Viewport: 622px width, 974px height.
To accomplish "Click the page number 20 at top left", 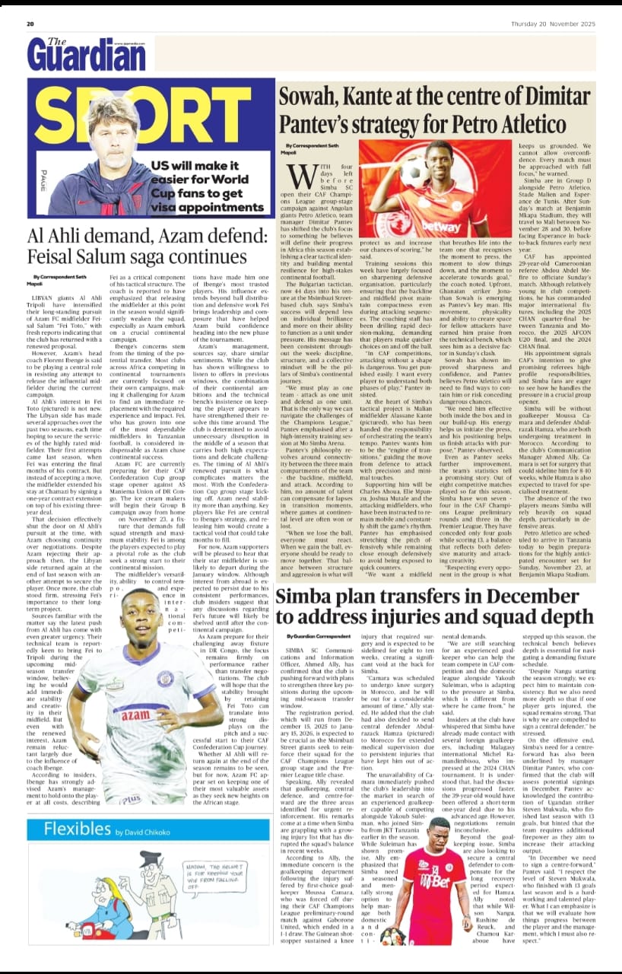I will (30, 24).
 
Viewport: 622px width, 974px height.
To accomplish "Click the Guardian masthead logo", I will (86, 54).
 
